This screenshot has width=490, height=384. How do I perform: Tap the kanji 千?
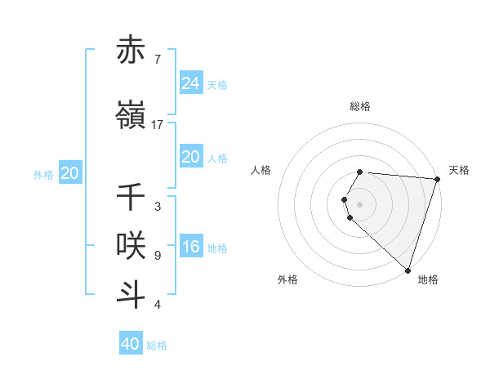(x=131, y=197)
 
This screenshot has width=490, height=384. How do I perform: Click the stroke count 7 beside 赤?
(x=157, y=59)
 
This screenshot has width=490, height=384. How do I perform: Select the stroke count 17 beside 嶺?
(x=158, y=124)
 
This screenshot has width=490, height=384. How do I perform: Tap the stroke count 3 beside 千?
(x=157, y=207)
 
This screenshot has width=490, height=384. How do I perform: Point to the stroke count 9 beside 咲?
(x=157, y=256)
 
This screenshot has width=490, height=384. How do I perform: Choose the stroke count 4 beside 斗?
(x=157, y=305)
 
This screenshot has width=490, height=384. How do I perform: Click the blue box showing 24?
(x=190, y=83)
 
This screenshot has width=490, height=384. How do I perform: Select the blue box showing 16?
(x=190, y=247)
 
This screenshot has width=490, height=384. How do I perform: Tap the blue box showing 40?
(x=130, y=344)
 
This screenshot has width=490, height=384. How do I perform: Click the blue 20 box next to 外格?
(x=70, y=173)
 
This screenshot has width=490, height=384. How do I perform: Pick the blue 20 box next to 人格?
(x=190, y=157)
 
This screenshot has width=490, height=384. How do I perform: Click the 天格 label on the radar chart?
(x=459, y=170)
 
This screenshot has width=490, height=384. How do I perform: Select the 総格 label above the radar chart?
(x=360, y=106)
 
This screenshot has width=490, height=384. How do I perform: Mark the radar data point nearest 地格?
(x=408, y=270)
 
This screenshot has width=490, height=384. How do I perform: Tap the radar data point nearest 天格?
(x=437, y=179)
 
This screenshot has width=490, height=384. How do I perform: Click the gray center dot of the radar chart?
(x=360, y=203)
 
